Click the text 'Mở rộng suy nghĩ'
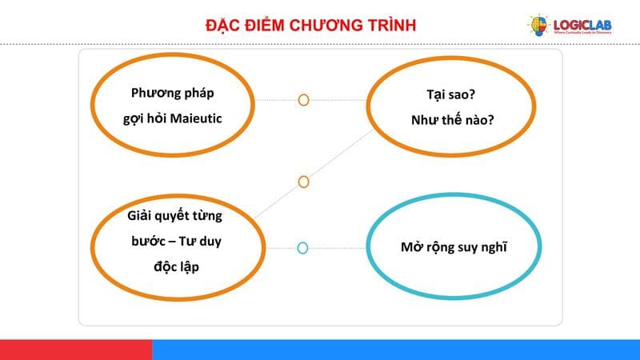454,246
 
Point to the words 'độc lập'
175,266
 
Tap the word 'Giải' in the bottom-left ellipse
142,215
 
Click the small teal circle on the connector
302,248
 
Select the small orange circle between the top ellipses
303,100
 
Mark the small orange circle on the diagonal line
303,182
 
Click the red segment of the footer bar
76,350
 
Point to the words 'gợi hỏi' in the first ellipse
141,118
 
